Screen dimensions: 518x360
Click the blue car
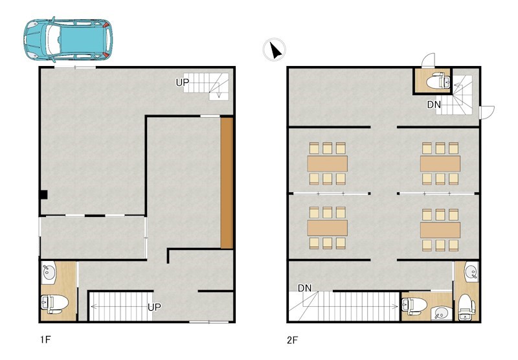pyautogui.click(x=68, y=39)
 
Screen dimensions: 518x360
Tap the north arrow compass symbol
pyautogui.click(x=274, y=50)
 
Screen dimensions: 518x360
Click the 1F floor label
pyautogui.click(x=45, y=339)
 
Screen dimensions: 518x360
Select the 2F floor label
pyautogui.click(x=293, y=340)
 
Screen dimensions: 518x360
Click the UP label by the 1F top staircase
pyautogui.click(x=183, y=83)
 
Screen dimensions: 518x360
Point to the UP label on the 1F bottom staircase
pyautogui.click(x=154, y=307)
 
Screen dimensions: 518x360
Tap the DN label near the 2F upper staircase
pyautogui.click(x=434, y=105)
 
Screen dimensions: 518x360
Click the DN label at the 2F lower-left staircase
pyautogui.click(x=304, y=288)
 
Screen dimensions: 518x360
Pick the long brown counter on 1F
pyautogui.click(x=227, y=183)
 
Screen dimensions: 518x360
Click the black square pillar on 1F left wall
pyautogui.click(x=43, y=194)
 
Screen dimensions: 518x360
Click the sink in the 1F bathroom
pyautogui.click(x=49, y=273)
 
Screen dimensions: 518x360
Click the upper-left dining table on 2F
pyautogui.click(x=327, y=163)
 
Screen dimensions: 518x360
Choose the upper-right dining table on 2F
pyautogui.click(x=440, y=163)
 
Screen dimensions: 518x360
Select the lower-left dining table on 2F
pyautogui.click(x=327, y=228)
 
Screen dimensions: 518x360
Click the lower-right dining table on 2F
pyautogui.click(x=440, y=230)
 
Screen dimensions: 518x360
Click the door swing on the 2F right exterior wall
pyautogui.click(x=487, y=112)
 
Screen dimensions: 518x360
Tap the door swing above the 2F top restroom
pyautogui.click(x=429, y=60)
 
